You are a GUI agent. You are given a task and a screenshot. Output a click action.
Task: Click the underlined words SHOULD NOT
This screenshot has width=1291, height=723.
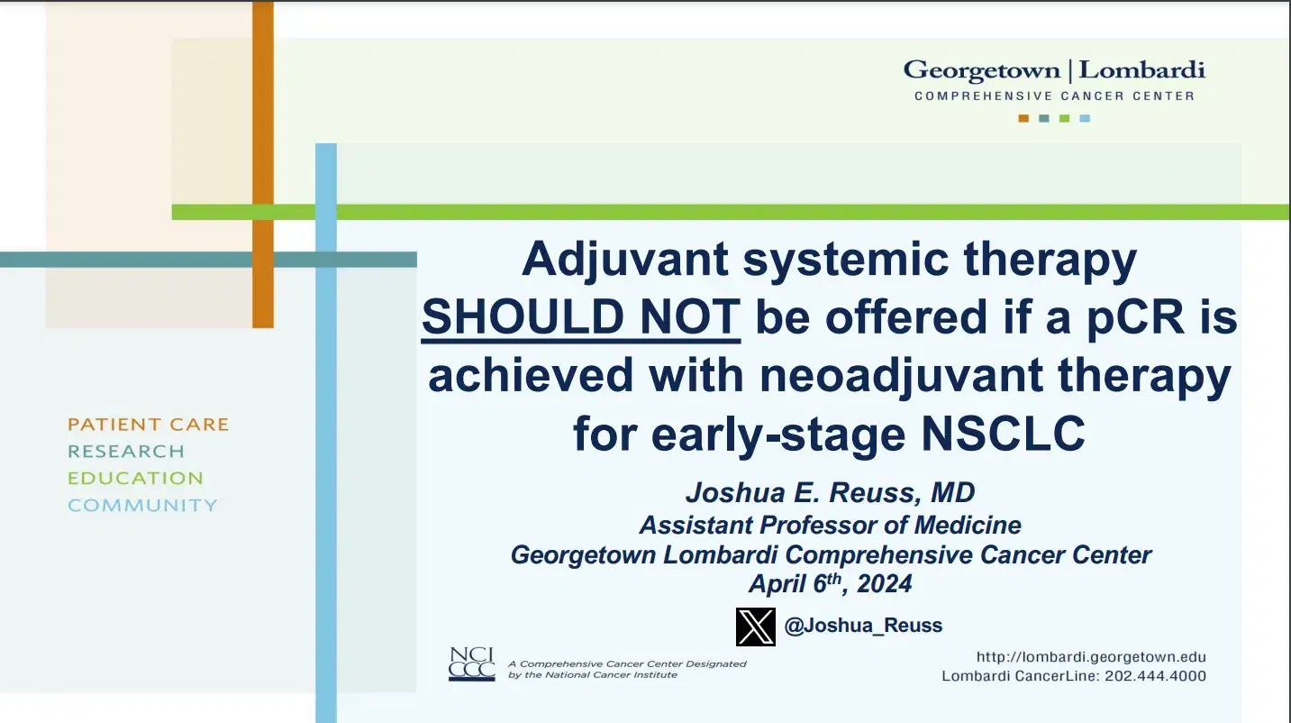581,317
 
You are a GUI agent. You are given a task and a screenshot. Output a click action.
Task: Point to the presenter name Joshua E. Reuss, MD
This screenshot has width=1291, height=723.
830,492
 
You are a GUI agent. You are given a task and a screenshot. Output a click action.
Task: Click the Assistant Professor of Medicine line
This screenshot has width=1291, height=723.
830,525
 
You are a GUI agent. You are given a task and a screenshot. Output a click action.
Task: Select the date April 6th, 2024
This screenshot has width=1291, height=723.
830,583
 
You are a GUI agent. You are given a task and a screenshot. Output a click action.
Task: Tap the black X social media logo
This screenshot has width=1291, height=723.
755,627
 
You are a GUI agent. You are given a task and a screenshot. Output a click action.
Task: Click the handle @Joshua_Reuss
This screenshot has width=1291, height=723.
863,626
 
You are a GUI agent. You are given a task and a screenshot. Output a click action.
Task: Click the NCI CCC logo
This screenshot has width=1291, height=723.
471,664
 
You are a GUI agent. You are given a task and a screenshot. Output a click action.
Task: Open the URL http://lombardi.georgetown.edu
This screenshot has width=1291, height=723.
1091,657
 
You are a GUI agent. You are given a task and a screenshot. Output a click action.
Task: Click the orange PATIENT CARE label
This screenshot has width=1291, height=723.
149,424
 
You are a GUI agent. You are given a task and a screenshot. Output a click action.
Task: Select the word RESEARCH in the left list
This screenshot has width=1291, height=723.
126,451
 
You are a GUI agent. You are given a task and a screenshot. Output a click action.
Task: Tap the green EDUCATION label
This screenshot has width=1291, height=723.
136,478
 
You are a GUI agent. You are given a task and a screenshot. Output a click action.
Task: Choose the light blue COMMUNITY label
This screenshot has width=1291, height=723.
142,505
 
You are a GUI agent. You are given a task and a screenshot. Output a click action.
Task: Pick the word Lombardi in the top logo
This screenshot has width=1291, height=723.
1142,70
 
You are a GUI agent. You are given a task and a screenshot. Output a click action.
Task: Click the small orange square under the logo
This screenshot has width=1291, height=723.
1023,118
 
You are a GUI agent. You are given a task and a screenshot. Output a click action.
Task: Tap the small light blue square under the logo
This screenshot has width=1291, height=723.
1085,118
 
